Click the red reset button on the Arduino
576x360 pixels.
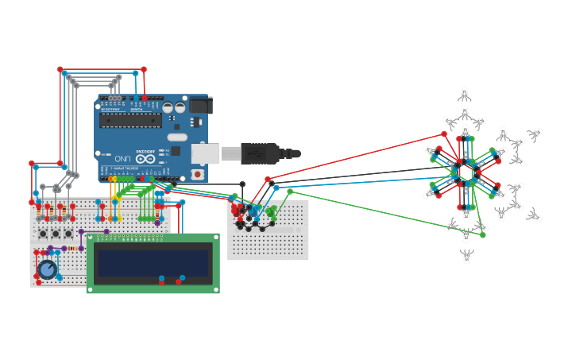pos(197,173)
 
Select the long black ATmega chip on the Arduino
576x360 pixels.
pos(130,120)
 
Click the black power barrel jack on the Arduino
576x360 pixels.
pos(199,105)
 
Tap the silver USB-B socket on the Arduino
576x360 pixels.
pos(205,153)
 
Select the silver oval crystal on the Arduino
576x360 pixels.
pos(177,137)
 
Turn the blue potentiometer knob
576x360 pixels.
pos(47,269)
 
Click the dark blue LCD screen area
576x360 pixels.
pos(153,263)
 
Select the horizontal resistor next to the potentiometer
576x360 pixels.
pos(73,249)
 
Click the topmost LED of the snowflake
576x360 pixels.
pos(465,94)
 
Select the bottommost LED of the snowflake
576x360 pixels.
pos(467,256)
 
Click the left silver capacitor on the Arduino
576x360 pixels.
pos(168,107)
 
